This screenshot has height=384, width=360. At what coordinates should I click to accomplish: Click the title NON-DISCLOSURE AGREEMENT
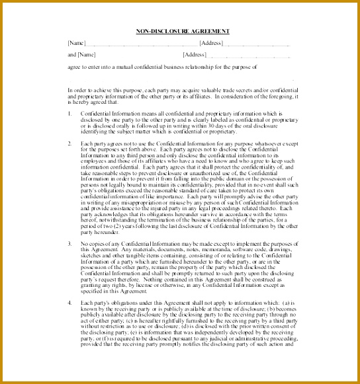(183, 31)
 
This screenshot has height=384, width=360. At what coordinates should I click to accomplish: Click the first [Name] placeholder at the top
(77, 43)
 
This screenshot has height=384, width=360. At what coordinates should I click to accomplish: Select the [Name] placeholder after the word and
(87, 55)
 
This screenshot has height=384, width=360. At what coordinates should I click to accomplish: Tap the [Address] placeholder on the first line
(211, 43)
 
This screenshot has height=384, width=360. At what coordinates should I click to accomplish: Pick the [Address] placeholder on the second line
(195, 55)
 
